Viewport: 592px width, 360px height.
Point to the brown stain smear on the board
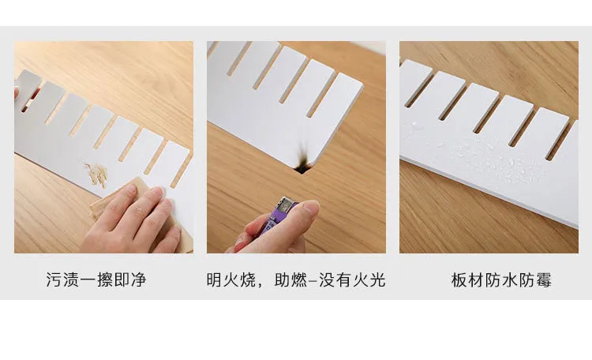[96, 175]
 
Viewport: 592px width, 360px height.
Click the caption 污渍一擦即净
[96, 280]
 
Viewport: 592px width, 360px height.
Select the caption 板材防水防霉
[501, 280]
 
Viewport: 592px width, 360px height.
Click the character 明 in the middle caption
[214, 280]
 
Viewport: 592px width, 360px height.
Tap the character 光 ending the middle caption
[377, 280]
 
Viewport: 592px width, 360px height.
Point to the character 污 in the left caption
[54, 280]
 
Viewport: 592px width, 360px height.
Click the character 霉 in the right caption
[544, 280]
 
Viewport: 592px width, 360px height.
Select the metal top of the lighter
[285, 204]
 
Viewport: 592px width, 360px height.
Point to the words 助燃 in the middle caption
[290, 280]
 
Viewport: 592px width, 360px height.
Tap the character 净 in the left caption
[138, 280]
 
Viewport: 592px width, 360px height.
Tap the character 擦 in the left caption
[104, 280]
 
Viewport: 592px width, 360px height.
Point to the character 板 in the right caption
[459, 280]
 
